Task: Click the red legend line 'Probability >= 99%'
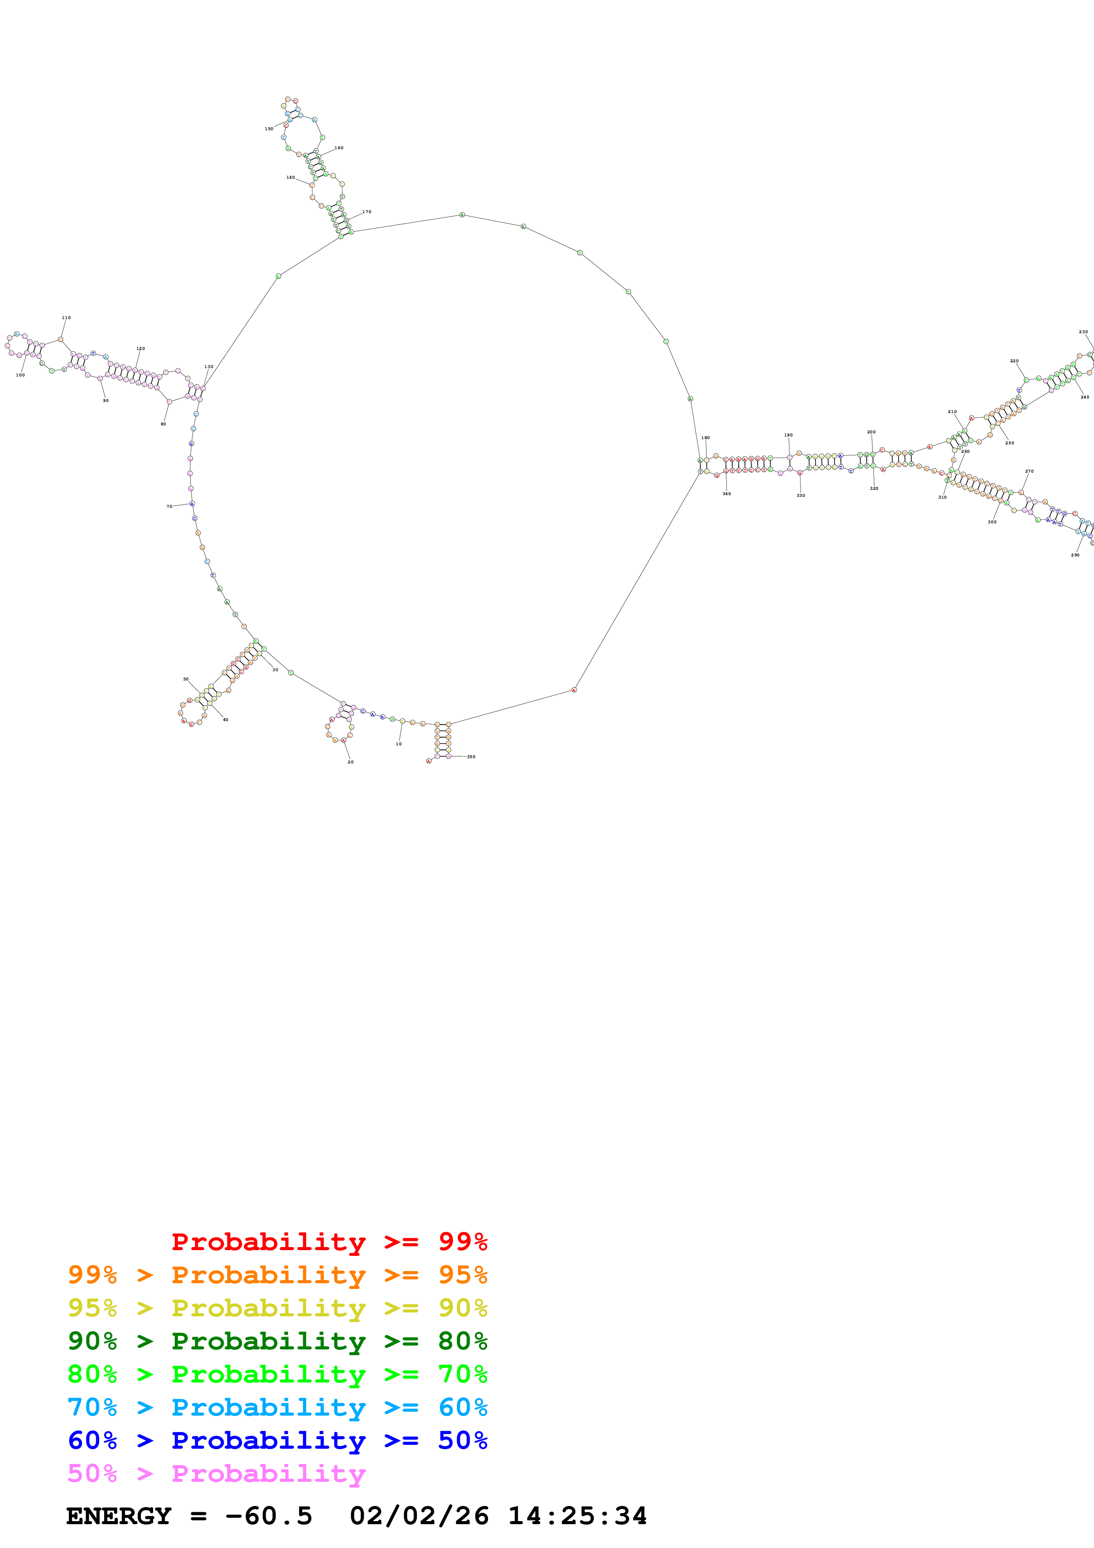[329, 1242]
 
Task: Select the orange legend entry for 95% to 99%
[277, 1275]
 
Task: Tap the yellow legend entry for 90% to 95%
[277, 1308]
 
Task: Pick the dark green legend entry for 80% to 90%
[277, 1341]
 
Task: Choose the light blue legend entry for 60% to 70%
[277, 1407]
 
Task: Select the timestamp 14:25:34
[577, 1516]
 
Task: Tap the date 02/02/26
[419, 1516]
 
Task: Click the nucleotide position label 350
[471, 756]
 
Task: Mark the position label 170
[367, 212]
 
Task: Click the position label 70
[169, 506]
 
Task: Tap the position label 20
[350, 762]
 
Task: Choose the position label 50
[186, 679]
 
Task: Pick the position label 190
[788, 435]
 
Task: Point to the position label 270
[1029, 471]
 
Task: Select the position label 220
[1014, 361]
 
